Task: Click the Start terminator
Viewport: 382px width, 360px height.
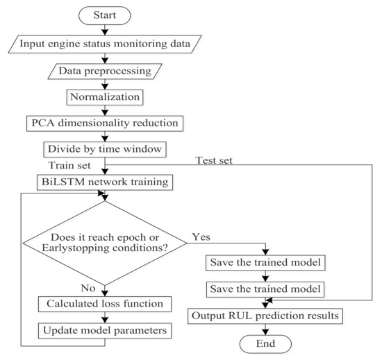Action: click(x=104, y=15)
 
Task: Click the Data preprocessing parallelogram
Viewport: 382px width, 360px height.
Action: click(x=104, y=71)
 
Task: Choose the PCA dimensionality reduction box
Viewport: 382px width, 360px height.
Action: click(x=104, y=123)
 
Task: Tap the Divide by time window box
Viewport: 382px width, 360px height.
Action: click(x=104, y=149)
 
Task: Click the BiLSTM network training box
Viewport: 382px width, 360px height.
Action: click(x=104, y=182)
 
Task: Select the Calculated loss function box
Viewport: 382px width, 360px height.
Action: click(x=104, y=303)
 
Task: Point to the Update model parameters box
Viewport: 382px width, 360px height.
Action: click(x=104, y=330)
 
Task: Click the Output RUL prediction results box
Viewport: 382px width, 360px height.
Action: click(x=265, y=316)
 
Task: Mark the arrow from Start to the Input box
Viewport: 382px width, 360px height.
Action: click(x=104, y=30)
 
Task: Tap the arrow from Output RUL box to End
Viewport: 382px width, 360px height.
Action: click(x=265, y=329)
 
